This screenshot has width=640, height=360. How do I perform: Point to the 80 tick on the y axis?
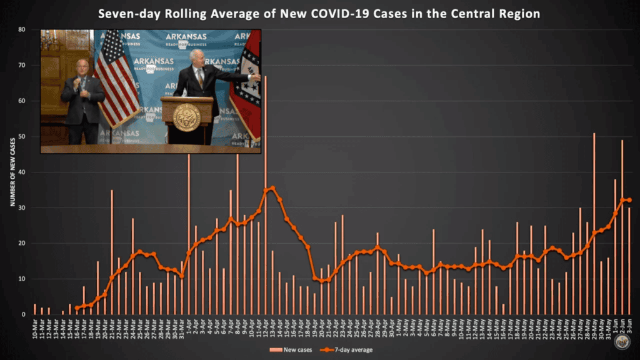coord(22,29)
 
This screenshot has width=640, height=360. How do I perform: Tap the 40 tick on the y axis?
coord(22,172)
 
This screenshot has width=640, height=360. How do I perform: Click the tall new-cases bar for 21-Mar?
coord(112,250)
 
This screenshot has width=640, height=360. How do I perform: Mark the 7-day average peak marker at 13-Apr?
coord(272,187)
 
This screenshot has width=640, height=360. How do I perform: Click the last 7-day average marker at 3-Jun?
coord(629,200)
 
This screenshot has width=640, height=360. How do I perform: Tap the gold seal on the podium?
coord(187,117)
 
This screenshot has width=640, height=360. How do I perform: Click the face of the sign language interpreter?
coord(82,67)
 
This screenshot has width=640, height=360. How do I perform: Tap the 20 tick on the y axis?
coord(22,243)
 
